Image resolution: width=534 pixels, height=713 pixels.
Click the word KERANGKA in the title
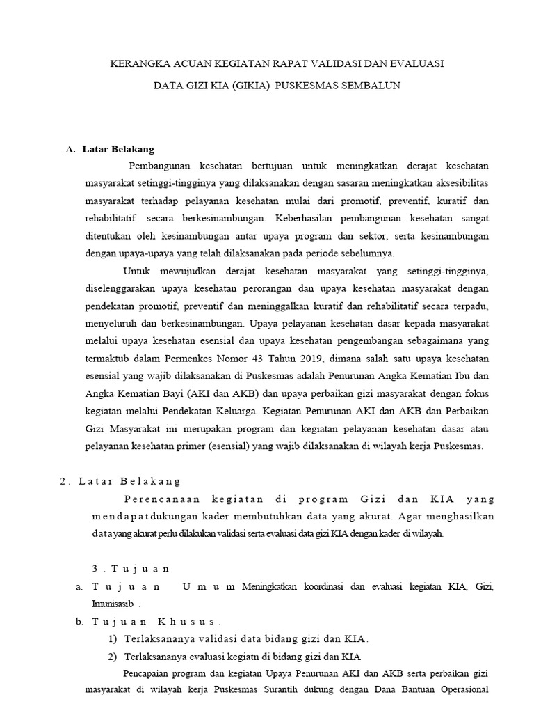click(x=138, y=63)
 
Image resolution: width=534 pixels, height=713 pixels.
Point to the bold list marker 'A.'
click(x=70, y=149)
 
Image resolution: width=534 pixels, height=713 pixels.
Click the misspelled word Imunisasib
click(x=113, y=603)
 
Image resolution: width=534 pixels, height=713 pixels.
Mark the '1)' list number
click(x=112, y=638)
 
